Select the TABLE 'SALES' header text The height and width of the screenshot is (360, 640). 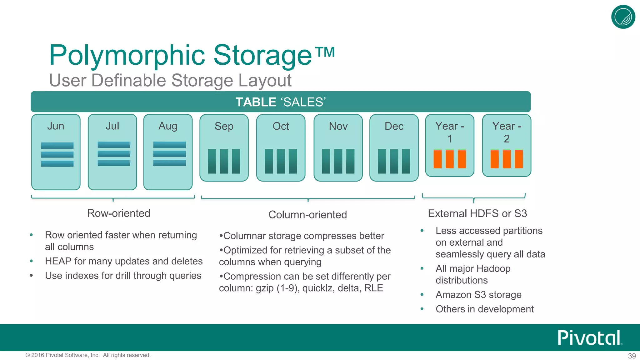[280, 102]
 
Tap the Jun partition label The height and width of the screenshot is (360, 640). [56, 126]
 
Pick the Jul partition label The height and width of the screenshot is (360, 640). [112, 126]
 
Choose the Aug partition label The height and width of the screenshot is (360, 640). [168, 126]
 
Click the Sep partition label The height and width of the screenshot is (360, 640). [224, 126]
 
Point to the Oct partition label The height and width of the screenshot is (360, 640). [281, 126]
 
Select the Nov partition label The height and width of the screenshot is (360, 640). [338, 126]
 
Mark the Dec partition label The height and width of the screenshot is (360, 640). [394, 126]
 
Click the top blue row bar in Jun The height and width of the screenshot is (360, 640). [57, 146]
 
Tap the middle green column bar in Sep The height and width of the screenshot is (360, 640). [224, 161]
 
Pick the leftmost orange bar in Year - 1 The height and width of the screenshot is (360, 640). [437, 159]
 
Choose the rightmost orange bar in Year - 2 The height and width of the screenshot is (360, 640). [519, 159]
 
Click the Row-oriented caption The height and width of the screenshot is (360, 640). [119, 213]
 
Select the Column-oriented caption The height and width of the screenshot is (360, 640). [307, 215]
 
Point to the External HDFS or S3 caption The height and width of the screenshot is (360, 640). [477, 213]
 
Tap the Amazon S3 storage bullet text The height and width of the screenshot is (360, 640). [478, 295]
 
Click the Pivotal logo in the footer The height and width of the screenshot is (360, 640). [589, 337]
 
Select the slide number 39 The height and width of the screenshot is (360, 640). [632, 356]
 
